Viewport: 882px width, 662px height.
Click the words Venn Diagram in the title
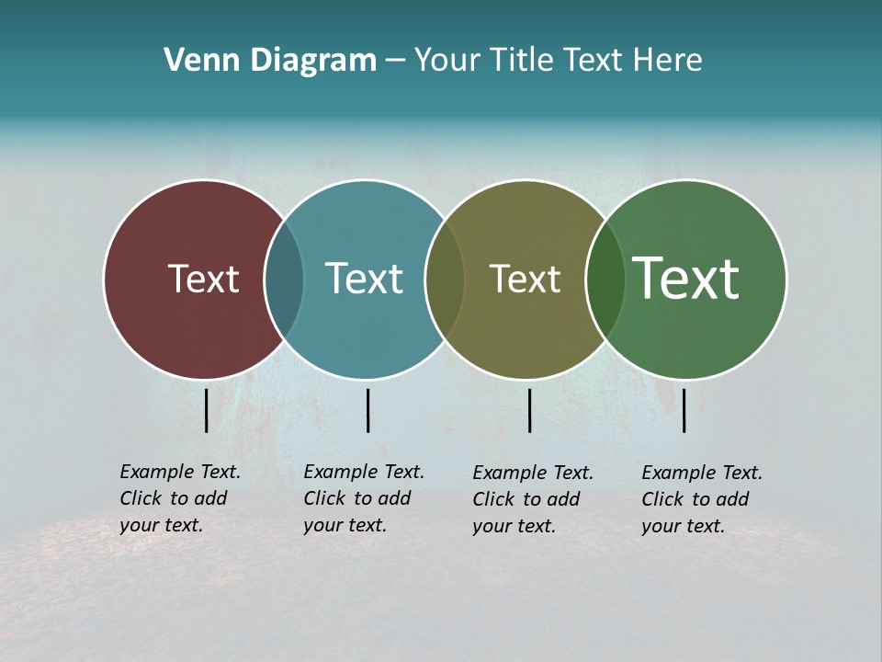(270, 61)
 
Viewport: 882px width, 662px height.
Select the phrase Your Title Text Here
(559, 61)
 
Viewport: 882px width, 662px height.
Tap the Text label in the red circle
(203, 279)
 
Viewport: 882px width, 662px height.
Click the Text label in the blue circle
(364, 279)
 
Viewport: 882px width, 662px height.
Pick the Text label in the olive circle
(525, 279)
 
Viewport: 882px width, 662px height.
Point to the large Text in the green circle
(686, 278)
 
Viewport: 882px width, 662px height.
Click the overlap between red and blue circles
(284, 279)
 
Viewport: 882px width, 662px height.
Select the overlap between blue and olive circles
(446, 279)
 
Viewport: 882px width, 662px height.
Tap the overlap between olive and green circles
(605, 279)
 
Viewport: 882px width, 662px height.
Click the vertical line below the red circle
(207, 410)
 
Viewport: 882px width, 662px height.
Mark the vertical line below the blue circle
(367, 410)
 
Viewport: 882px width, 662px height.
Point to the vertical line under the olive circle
(530, 410)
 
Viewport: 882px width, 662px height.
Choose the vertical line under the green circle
(684, 410)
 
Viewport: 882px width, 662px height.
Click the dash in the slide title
(395, 62)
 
